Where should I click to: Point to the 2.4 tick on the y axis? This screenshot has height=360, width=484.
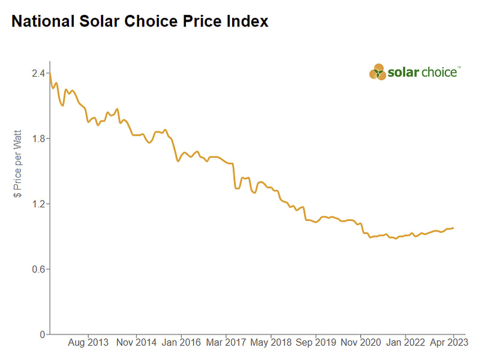(38, 73)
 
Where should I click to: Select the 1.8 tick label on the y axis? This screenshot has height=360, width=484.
(38, 139)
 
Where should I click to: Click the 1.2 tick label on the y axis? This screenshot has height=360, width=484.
(38, 204)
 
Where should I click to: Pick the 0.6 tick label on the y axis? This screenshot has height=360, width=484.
(38, 269)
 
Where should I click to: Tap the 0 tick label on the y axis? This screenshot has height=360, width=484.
(42, 334)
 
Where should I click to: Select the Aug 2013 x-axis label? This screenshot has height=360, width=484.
(89, 344)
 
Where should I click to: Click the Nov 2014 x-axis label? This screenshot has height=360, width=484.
(136, 344)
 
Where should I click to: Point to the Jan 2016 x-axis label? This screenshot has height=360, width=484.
(181, 344)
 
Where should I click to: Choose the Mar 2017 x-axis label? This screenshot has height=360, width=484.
(226, 344)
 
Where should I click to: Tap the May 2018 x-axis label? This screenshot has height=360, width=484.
(271, 344)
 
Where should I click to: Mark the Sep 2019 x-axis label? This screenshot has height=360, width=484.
(316, 344)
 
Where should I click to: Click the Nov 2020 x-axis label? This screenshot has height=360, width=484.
(361, 344)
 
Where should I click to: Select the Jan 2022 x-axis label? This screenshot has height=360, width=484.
(405, 344)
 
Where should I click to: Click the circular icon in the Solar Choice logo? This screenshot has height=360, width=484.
(378, 72)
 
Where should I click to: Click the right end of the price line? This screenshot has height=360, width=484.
(453, 228)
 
